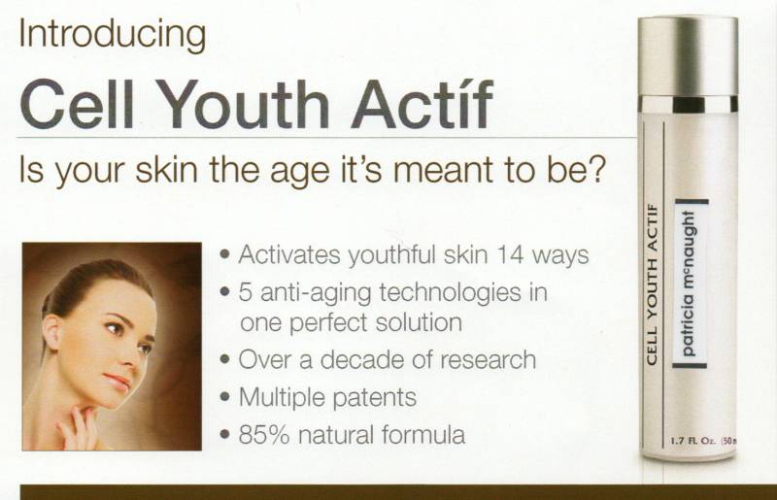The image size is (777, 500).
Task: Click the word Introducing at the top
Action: click(113, 36)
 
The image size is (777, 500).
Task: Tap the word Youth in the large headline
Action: click(245, 105)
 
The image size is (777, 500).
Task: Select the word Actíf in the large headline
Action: click(422, 105)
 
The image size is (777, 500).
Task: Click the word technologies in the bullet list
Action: click(450, 293)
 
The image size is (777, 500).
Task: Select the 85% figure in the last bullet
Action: click(263, 435)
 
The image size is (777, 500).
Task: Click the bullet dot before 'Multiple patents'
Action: click(225, 397)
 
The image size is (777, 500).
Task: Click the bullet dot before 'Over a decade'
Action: click(225, 359)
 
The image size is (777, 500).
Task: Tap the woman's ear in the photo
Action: click(52, 331)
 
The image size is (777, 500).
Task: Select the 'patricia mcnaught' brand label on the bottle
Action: click(691, 283)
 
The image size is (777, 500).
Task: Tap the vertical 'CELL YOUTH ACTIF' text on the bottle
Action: click(652, 284)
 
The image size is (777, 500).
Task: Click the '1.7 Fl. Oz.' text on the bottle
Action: click(692, 440)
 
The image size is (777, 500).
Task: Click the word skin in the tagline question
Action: click(166, 169)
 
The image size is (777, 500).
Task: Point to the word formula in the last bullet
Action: click(423, 435)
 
